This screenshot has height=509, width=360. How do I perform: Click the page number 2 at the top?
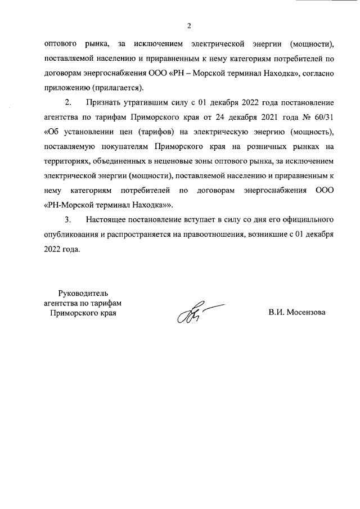tap(189, 26)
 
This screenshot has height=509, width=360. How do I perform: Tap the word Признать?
tap(102, 102)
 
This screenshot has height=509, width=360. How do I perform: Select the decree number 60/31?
tap(323, 117)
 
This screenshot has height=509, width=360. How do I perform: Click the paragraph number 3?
tap(68, 219)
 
